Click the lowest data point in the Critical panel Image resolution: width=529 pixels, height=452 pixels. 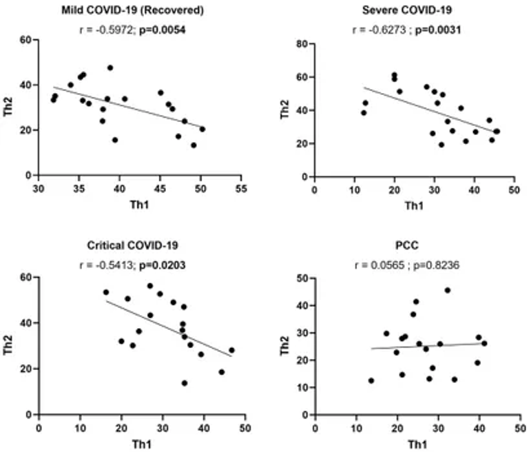coord(185,383)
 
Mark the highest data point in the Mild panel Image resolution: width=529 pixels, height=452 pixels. coord(110,68)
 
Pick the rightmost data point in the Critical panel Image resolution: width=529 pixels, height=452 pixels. coord(231,350)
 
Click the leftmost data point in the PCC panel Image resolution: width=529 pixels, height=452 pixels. coord(371,380)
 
